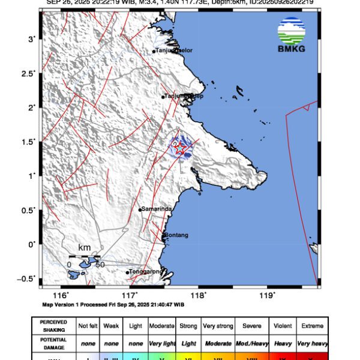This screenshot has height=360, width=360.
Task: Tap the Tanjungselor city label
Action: [173, 50]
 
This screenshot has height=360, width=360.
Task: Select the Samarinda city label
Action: [157, 209]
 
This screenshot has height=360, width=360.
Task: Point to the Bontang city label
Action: [176, 235]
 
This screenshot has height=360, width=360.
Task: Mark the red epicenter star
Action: [179, 148]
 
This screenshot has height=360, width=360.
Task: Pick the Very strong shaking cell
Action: [217, 326]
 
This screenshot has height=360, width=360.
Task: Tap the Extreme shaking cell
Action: [311, 326]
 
